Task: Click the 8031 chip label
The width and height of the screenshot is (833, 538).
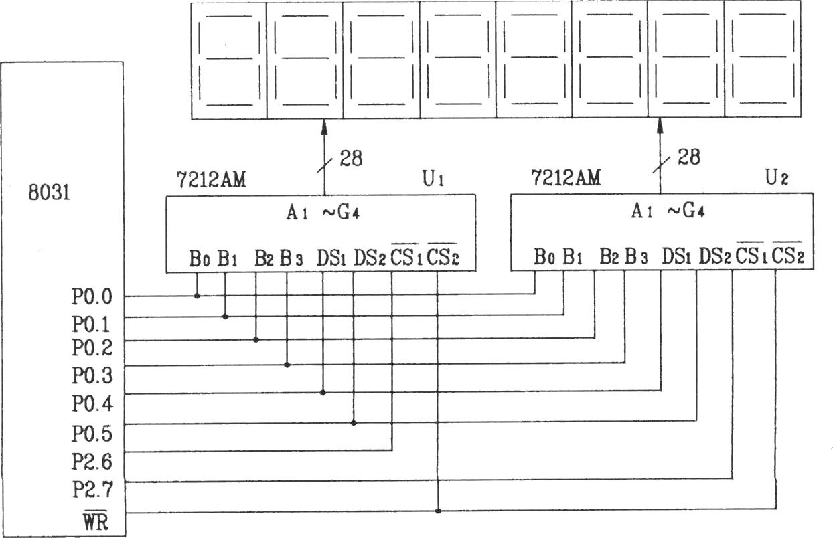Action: tap(49, 193)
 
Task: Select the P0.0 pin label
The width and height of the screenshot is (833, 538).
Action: tap(92, 297)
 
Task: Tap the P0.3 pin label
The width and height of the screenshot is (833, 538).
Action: tap(92, 375)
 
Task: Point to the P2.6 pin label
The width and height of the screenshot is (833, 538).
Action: tap(92, 462)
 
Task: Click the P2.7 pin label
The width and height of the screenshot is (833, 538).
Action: tap(92, 489)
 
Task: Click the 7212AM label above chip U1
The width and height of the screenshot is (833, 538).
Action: tap(211, 179)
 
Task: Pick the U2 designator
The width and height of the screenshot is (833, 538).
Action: tap(777, 177)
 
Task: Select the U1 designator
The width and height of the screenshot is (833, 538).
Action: tap(433, 179)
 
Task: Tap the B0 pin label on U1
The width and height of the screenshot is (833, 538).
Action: tap(200, 258)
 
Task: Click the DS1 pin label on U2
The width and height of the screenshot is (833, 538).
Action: tap(676, 256)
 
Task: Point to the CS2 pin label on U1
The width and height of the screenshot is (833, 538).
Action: tap(443, 256)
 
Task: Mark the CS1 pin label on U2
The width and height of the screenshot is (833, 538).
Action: tap(751, 255)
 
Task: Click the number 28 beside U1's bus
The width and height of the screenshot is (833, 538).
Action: tap(351, 158)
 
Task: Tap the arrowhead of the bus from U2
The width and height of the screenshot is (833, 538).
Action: tap(660, 126)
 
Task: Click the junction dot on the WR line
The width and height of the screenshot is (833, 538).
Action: tap(438, 511)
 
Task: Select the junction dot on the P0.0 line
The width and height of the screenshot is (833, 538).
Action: tap(197, 296)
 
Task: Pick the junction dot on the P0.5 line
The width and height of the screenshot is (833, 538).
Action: tap(354, 423)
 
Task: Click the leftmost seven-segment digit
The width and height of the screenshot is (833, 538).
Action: tap(229, 61)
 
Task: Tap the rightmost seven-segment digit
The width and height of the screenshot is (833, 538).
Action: tap(763, 59)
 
